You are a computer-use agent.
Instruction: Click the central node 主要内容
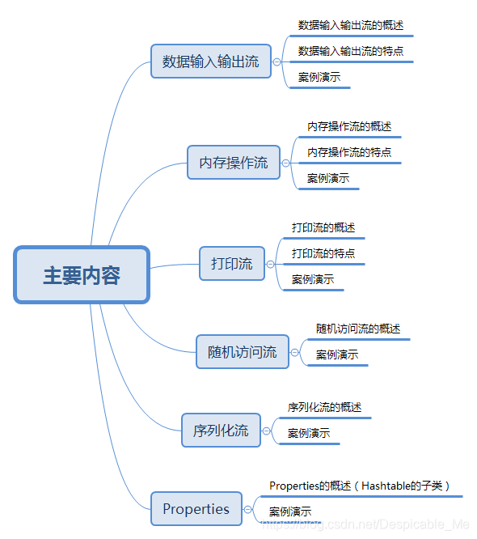[82, 275]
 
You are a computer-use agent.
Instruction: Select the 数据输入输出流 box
[211, 61]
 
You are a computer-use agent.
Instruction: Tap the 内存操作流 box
[234, 162]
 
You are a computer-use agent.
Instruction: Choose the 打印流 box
[232, 263]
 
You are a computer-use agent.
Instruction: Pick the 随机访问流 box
[243, 351]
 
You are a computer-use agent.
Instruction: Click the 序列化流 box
[221, 430]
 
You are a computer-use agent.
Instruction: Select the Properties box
[196, 508]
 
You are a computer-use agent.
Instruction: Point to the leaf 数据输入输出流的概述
[350, 25]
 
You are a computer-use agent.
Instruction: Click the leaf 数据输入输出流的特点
[350, 51]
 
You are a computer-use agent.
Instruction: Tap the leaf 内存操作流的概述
[349, 126]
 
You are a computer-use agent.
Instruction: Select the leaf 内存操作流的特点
[349, 152]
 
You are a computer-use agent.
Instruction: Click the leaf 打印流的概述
[323, 227]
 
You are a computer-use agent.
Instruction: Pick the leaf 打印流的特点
[323, 253]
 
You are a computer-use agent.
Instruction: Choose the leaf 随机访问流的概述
[358, 329]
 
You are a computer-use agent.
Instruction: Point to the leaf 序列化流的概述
[325, 406]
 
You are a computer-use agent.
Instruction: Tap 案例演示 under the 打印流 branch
[313, 279]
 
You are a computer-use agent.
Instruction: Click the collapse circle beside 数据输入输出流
[277, 62]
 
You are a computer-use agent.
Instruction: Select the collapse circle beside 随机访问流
[295, 352]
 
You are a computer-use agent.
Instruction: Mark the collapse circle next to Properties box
[248, 509]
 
